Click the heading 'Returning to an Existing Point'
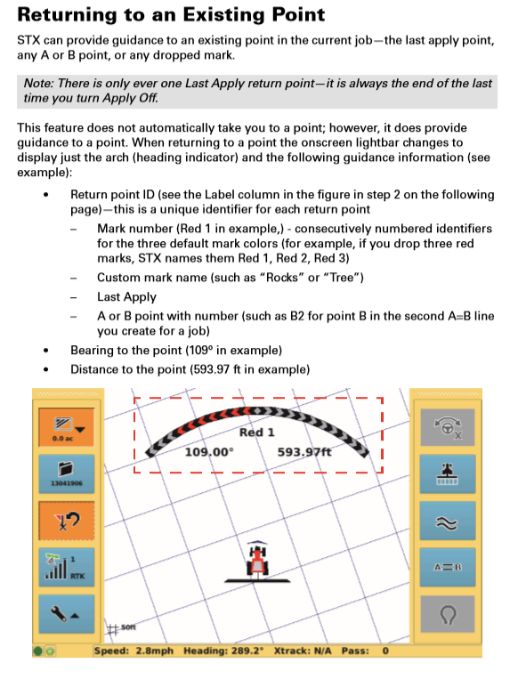pos(171,14)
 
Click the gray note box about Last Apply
pos(257,91)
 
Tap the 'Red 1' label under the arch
pos(257,432)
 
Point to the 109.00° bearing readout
pos(209,452)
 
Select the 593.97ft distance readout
pos(304,452)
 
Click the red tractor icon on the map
pos(257,561)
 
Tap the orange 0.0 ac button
pos(66,427)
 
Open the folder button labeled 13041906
pos(66,473)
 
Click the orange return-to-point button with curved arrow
pos(66,521)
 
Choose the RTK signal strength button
pos(66,567)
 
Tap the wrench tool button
pos(66,614)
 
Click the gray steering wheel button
pos(448,427)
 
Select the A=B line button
pos(448,567)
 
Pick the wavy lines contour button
pos(448,521)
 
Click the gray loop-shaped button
pos(448,614)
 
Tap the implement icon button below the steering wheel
pos(448,473)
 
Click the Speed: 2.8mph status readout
pos(134,651)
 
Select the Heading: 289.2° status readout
pos(223,651)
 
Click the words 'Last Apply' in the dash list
pos(126,297)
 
